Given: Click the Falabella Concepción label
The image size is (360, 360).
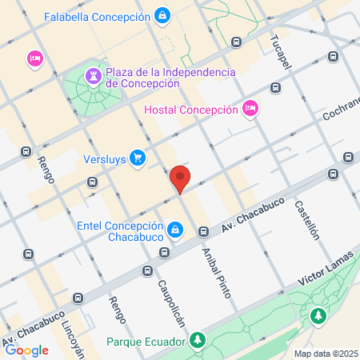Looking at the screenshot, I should [97, 16].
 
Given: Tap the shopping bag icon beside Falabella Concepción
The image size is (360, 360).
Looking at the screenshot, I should [162, 15].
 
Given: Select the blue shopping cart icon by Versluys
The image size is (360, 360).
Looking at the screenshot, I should [138, 157].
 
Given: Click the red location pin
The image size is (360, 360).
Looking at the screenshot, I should [180, 179].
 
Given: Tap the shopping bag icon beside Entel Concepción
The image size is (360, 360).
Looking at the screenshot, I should [175, 232].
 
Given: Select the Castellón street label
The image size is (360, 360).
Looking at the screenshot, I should [307, 220].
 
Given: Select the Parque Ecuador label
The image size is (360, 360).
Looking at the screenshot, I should [146, 340].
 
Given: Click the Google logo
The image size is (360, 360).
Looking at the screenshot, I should [26, 350].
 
